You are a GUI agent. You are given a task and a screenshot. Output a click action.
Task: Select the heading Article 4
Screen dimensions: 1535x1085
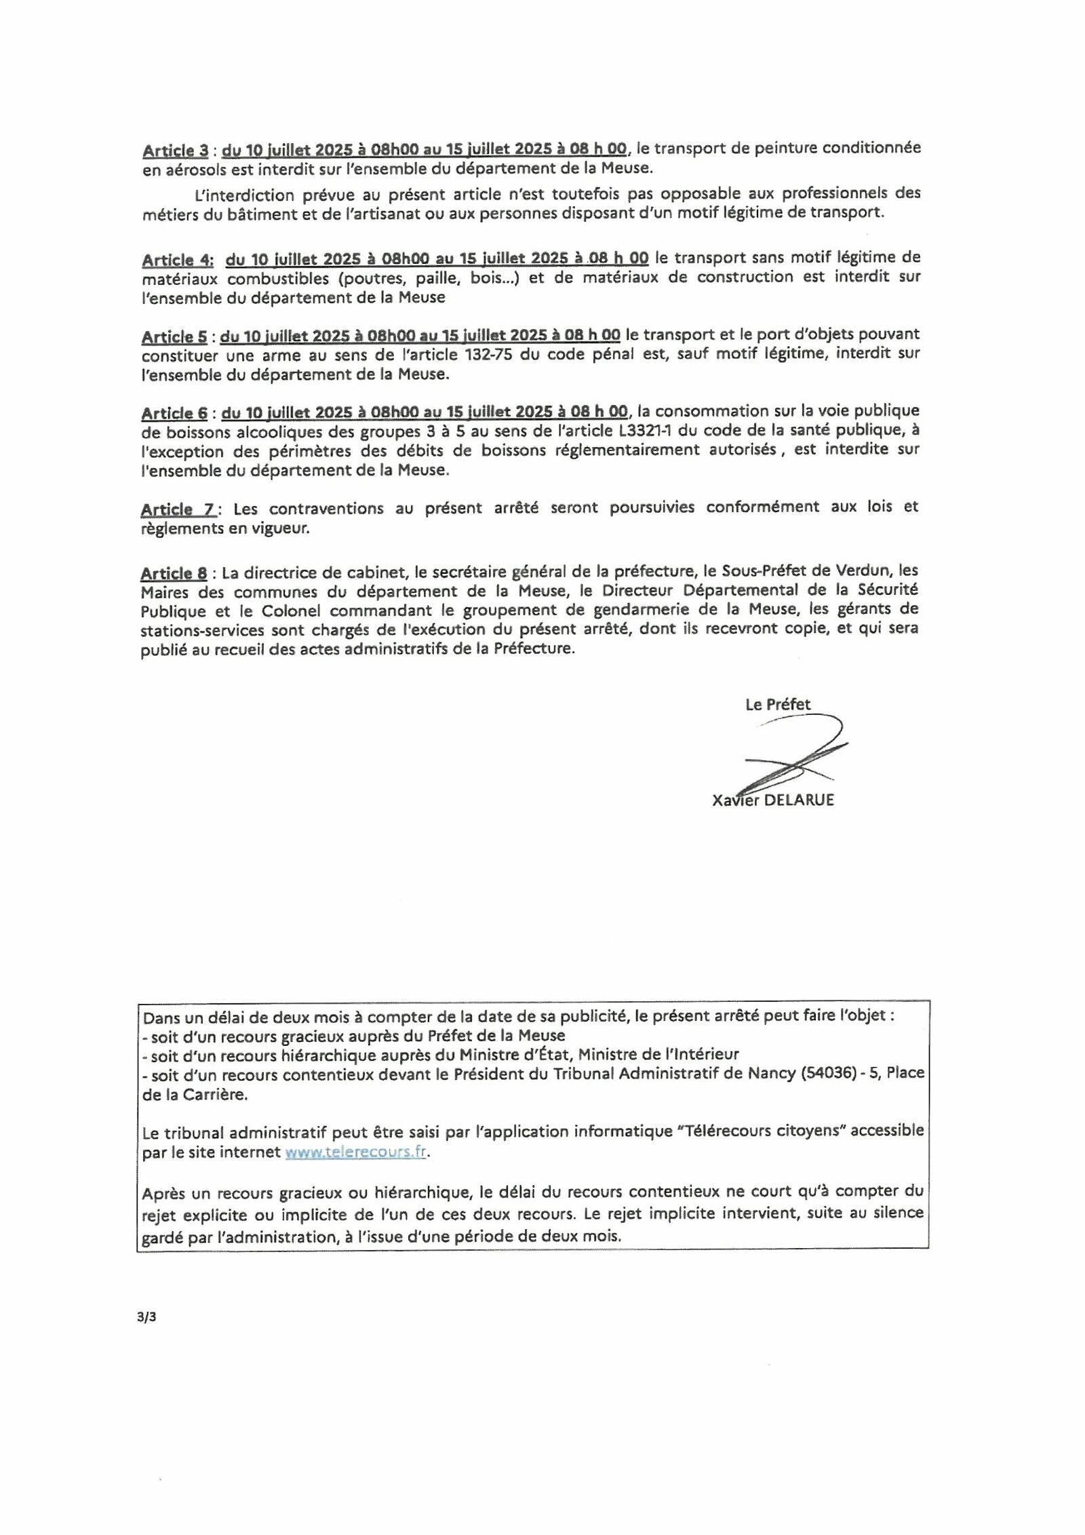pyautogui.click(x=178, y=260)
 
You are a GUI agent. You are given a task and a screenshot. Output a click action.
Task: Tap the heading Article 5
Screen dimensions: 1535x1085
pyautogui.click(x=174, y=336)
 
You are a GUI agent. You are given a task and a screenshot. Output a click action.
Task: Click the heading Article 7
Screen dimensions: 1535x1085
pyautogui.click(x=178, y=509)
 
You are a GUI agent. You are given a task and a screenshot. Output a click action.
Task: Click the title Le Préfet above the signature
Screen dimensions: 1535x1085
pyautogui.click(x=778, y=704)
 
